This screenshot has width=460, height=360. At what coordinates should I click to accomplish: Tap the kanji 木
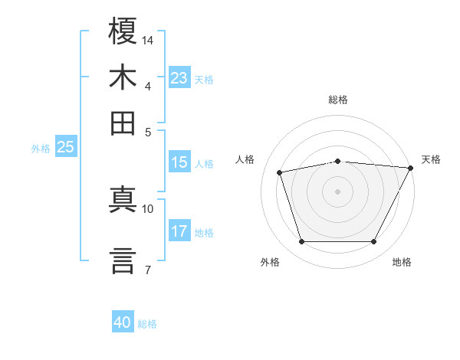coord(123,77)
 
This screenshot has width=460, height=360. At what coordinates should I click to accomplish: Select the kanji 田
coord(123,123)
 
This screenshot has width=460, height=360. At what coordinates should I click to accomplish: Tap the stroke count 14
coord(148,39)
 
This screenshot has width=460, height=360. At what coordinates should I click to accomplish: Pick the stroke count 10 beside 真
coord(148,208)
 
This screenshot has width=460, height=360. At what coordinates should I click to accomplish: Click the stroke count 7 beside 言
coord(147,269)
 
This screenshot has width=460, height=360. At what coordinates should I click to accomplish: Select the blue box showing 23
coord(179,78)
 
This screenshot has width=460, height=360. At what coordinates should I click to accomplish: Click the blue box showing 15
coord(179,162)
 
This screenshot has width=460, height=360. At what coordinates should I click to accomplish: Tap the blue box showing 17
coord(179,231)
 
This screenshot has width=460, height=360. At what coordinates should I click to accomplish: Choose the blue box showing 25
coord(65,147)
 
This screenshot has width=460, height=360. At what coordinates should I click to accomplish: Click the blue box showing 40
coord(123,322)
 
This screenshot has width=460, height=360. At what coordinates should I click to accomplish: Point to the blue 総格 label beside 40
coord(147,324)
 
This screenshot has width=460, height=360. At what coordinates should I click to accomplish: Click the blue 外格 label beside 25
coord(40,149)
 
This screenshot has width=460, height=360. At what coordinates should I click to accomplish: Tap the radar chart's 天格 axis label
coord(431,159)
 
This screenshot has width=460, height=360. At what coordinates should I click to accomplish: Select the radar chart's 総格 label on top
coord(337,100)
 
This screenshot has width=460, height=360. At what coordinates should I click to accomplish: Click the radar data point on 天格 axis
coord(410,168)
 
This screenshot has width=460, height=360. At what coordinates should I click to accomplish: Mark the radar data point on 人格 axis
coord(280,172)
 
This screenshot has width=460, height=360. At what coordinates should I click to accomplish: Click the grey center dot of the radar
coord(337,191)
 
